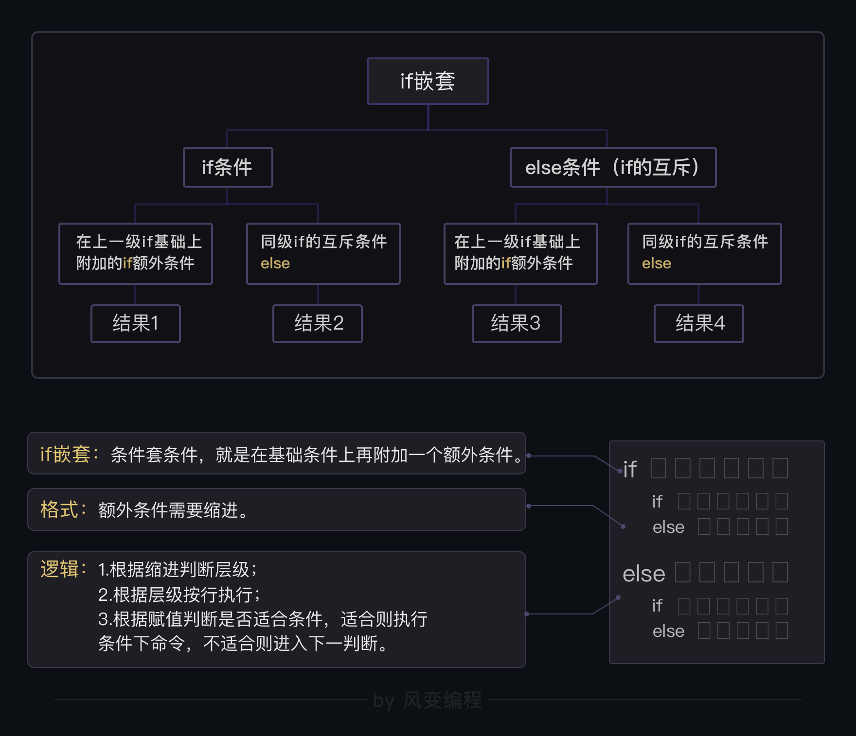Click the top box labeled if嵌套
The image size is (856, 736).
coord(428,81)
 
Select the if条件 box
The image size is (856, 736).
coord(228,167)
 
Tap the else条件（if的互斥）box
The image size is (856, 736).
coord(613,167)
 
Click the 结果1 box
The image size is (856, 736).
coord(136,323)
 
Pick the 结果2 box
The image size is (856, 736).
coord(318,323)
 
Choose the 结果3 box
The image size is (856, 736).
coord(517,323)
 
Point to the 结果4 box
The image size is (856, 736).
coord(699,323)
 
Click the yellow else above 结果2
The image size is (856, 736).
coord(275,263)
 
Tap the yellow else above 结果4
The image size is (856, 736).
coord(657,263)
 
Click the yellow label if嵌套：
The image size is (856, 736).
coord(70,455)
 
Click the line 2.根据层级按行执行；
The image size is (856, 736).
coord(179,595)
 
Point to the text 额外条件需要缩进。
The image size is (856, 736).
coord(174,510)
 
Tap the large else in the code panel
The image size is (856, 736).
coord(643,574)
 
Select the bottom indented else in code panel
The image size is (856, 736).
coord(668,631)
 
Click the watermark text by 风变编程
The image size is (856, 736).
coord(428,701)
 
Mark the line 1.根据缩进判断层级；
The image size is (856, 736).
coord(178,569)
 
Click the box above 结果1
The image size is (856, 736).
coord(136,253)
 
